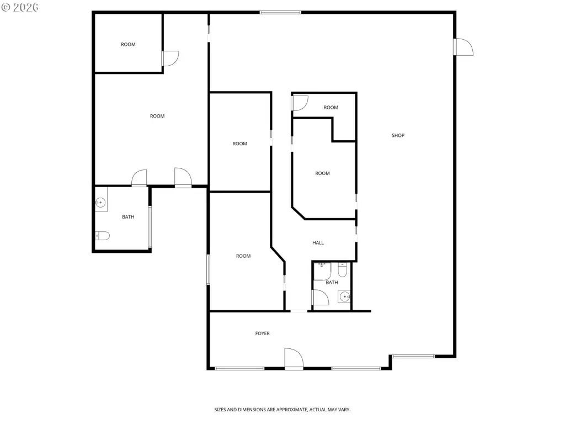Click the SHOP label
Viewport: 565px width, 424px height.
coord(398,136)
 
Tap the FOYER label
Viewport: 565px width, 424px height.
coord(262,333)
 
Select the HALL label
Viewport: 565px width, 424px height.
coord(318,243)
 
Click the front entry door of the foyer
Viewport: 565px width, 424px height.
coord(294,358)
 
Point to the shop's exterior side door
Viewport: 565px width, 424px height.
coord(463,47)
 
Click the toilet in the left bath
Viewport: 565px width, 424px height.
coord(102,236)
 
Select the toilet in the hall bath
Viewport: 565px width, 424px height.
coord(342,269)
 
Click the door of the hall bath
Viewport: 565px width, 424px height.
coord(321,298)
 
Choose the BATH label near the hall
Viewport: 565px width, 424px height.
coord(332,282)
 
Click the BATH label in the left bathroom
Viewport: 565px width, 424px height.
coord(128,216)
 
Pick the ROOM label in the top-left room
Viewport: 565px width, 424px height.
coord(128,44)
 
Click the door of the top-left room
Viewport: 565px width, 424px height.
coord(170,59)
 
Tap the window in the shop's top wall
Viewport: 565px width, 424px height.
coord(280,13)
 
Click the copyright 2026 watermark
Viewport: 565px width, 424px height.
coord(20,7)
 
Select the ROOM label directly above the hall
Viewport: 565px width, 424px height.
coord(322,173)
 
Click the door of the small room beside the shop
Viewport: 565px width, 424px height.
coord(300,103)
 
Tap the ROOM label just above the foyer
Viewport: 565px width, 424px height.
coord(243,256)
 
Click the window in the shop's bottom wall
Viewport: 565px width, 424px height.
coord(413,357)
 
